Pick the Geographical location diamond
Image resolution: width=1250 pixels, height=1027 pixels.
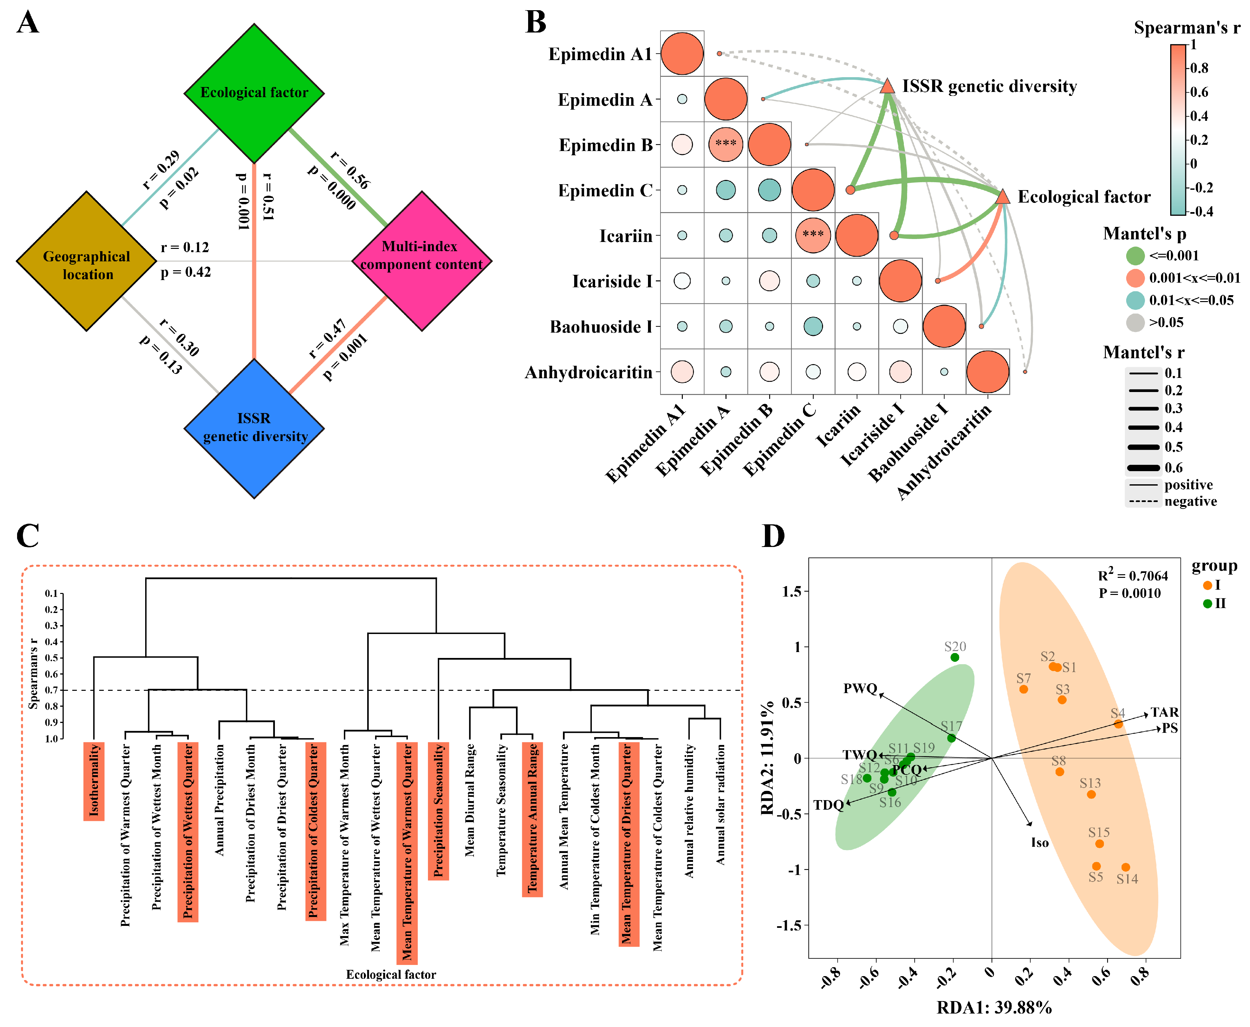click(86, 261)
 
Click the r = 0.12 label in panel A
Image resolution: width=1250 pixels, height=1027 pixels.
click(185, 247)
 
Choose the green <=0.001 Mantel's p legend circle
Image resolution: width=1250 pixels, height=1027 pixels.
click(1135, 256)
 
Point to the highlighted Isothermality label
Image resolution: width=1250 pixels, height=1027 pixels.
click(94, 781)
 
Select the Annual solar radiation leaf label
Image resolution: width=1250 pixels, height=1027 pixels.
click(720, 805)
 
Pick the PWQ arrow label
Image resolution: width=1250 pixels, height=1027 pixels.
click(860, 688)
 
